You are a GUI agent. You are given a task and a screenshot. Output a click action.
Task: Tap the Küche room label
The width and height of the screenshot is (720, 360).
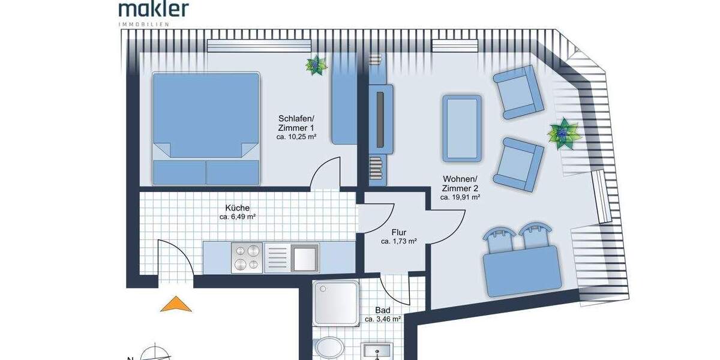pyautogui.click(x=234, y=208)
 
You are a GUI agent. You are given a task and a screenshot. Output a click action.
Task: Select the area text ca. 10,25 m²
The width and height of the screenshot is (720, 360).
pyautogui.click(x=296, y=137)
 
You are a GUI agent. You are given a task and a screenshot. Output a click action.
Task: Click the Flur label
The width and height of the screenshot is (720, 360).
pyautogui.click(x=399, y=232)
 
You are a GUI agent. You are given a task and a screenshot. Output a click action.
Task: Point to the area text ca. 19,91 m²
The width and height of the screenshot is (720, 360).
pyautogui.click(x=460, y=197)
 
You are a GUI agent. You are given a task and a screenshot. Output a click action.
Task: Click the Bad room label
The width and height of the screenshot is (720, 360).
pyautogui.click(x=383, y=310)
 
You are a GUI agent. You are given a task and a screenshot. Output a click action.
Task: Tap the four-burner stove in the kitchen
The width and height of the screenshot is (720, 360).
pyautogui.click(x=247, y=257)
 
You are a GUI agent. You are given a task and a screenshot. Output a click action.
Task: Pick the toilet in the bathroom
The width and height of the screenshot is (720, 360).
pyautogui.click(x=328, y=349)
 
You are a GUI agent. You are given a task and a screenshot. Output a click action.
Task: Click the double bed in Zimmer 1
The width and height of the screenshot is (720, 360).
pyautogui.click(x=206, y=128)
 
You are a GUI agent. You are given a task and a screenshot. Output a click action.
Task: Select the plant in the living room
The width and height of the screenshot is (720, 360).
pyautogui.click(x=563, y=133)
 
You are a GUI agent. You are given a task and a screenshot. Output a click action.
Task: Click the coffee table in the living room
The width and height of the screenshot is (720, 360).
pyautogui.click(x=462, y=128)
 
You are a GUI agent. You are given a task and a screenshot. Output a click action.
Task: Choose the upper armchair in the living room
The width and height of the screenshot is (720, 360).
pyautogui.click(x=515, y=92)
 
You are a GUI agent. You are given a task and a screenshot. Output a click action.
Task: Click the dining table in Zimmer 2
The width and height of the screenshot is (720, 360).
pyautogui.click(x=522, y=270)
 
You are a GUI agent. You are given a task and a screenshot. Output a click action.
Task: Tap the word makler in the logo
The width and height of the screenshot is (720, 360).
pyautogui.click(x=154, y=8)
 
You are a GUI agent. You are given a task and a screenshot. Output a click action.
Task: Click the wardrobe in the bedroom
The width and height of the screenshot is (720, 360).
pyautogui.click(x=344, y=99)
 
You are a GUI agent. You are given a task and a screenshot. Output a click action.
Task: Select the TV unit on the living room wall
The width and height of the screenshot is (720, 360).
pyautogui.click(x=380, y=120)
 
